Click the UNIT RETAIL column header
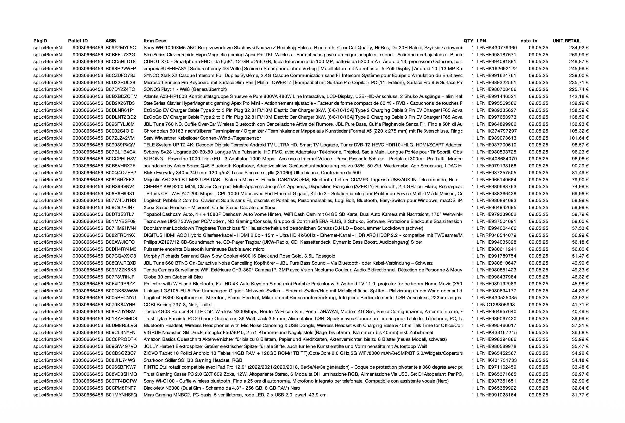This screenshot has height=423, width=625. (566, 41)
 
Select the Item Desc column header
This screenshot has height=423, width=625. (155, 41)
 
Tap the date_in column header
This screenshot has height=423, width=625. (529, 41)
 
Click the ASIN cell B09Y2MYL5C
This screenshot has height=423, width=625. (120, 48)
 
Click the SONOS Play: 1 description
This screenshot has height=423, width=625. (185, 89)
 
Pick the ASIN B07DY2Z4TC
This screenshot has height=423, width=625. (120, 89)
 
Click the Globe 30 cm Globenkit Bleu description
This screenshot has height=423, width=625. (173, 277)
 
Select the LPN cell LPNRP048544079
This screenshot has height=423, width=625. (497, 235)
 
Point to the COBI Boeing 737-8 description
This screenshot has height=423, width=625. (179, 305)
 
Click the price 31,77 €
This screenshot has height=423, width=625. (580, 395)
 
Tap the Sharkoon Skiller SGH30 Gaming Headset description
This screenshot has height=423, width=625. (193, 360)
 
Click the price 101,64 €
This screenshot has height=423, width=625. (579, 138)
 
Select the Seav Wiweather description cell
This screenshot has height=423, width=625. (202, 138)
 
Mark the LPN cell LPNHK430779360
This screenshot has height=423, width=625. (497, 48)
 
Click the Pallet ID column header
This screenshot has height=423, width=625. (78, 41)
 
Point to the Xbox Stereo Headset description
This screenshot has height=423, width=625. (209, 207)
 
